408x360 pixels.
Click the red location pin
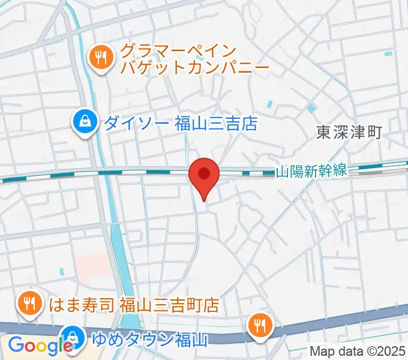204,175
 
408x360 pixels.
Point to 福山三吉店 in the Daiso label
216,124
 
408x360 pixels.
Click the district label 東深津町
349,132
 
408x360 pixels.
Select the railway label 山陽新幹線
311,172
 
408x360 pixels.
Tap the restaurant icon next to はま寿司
28,302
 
